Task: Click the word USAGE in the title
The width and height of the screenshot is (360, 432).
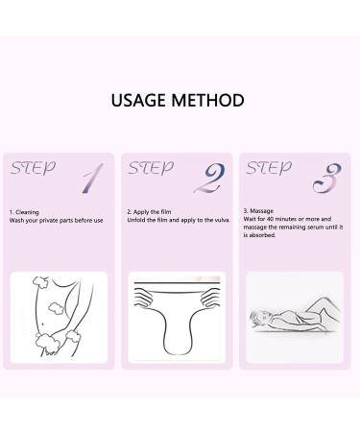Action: pos(139,100)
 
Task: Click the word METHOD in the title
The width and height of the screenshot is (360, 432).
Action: pos(207,100)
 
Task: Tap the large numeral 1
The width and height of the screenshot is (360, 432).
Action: pos(92,179)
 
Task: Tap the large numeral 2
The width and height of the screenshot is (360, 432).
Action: pos(210,179)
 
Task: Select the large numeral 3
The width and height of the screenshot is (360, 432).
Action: pos(327,179)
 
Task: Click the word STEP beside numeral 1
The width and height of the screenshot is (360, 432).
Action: pos(33,168)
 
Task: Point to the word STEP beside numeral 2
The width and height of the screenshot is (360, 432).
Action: pos(151,168)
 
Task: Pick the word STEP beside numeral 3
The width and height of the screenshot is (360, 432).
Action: pos(269,168)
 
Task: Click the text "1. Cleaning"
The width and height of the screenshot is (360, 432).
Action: pos(24,212)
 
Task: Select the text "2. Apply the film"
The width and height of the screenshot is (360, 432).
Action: pos(149,212)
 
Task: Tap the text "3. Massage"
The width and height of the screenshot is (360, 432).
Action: pos(258,211)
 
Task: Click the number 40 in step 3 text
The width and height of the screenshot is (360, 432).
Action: pos(270,219)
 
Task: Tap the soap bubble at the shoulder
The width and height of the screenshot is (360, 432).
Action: pos(40,281)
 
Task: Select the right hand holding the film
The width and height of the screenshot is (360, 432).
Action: pos(211,297)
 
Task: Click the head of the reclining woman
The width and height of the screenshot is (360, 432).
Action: pos(260,318)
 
